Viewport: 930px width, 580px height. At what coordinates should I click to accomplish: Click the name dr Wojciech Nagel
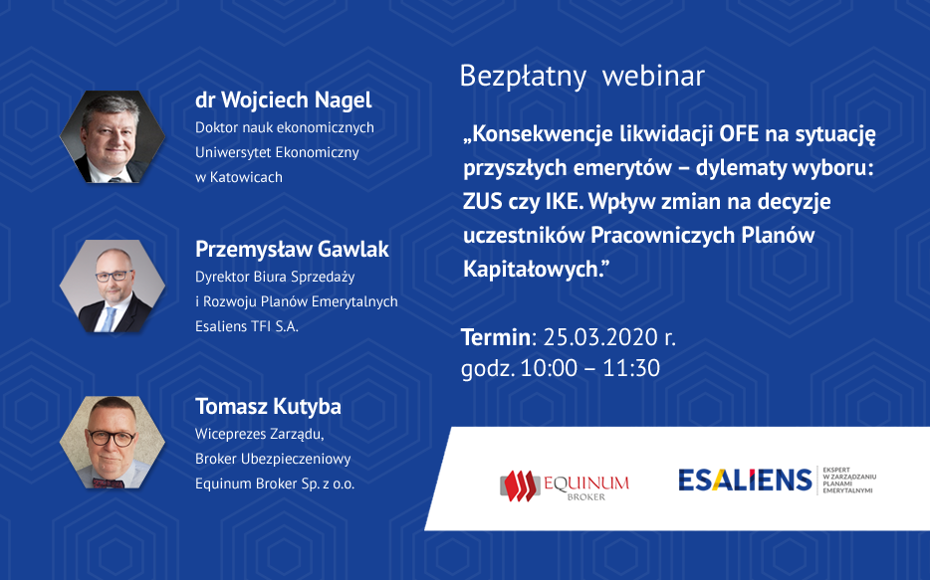click(284, 100)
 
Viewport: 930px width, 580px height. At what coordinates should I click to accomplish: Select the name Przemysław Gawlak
click(292, 250)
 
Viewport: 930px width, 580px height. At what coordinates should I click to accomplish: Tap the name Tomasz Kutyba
click(268, 407)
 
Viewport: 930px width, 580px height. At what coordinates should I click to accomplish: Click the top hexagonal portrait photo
click(113, 137)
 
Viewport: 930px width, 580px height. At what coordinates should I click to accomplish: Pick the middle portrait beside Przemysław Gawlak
click(113, 287)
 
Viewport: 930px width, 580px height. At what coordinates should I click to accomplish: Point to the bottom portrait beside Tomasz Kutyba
click(113, 443)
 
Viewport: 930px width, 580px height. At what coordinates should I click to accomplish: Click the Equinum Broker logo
click(564, 485)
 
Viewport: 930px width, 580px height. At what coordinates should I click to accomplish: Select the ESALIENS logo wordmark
click(745, 480)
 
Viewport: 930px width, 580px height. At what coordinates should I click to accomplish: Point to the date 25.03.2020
click(600, 337)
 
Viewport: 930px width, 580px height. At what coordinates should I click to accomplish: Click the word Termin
click(495, 337)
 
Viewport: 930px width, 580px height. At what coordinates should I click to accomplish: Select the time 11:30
click(631, 368)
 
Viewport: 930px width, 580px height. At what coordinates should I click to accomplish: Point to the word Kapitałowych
click(533, 270)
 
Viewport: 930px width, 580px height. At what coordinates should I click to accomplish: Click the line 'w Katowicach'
click(239, 177)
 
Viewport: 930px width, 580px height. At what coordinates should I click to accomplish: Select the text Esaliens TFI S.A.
click(247, 326)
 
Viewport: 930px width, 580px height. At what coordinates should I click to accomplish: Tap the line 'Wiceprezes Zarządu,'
click(260, 435)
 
